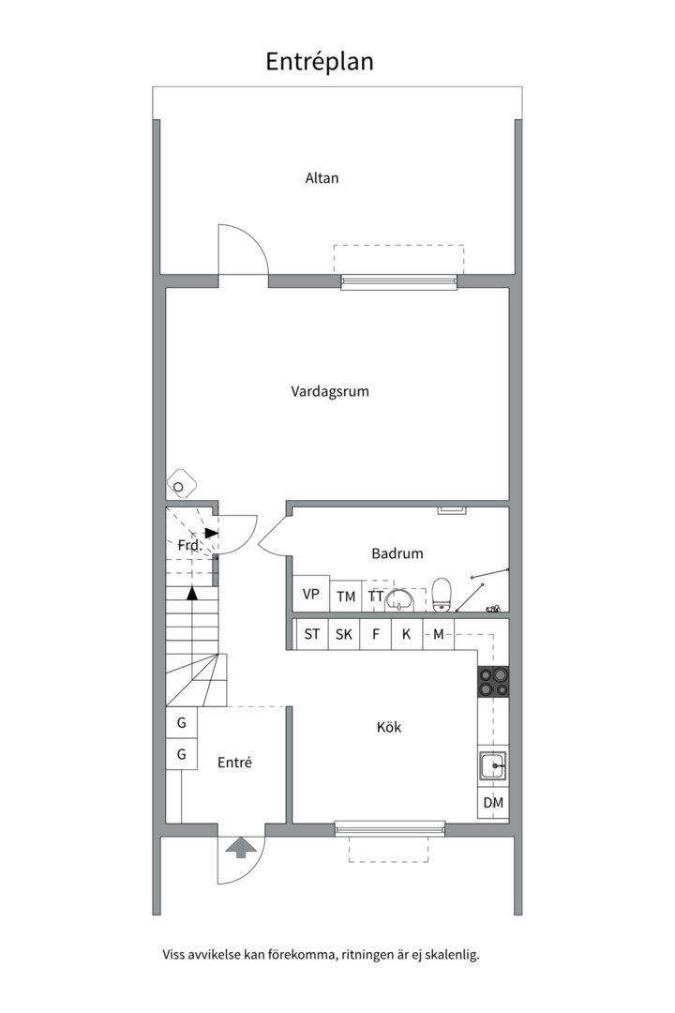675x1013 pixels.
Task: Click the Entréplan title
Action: (320, 62)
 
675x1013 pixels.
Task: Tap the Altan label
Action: (322, 177)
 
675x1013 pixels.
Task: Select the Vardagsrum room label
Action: (329, 391)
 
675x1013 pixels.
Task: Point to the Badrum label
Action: (397, 553)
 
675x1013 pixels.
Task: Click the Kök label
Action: (389, 727)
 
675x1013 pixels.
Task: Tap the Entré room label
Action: (234, 763)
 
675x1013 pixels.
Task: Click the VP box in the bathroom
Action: (311, 595)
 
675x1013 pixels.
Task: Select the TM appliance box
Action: (347, 597)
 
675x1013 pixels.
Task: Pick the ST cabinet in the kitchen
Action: (312, 635)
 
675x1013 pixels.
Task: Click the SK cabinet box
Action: (344, 635)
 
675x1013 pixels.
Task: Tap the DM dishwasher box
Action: (493, 803)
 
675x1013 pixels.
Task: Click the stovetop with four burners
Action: (493, 681)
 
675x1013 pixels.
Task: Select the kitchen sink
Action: (492, 767)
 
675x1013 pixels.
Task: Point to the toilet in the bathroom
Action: (442, 595)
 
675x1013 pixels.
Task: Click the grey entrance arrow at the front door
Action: (242, 848)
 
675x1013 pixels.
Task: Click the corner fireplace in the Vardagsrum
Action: (180, 485)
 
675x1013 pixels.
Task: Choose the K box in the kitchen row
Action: (406, 635)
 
